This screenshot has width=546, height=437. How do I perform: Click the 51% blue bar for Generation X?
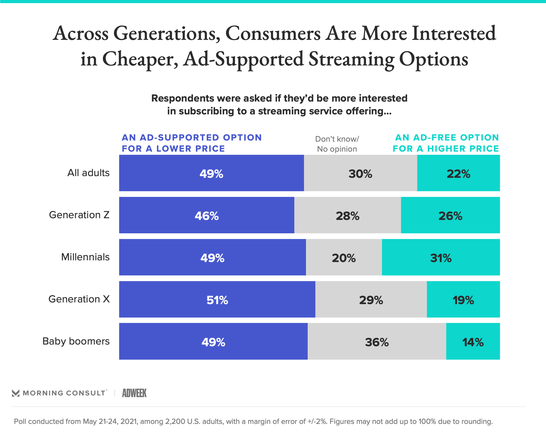[x=217, y=299]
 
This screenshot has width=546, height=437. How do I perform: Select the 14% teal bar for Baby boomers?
[x=473, y=341]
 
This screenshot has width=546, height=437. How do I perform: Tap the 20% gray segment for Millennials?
[x=344, y=257]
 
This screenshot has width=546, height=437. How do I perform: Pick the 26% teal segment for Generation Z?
[x=450, y=215]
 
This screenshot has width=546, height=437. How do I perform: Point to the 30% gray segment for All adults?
[x=360, y=173]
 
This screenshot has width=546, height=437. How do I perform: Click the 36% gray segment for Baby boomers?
[x=377, y=341]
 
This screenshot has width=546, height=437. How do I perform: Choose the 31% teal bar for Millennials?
[x=441, y=257]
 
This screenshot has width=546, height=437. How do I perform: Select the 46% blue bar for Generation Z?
[x=207, y=215]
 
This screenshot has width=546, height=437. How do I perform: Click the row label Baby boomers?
[x=76, y=341]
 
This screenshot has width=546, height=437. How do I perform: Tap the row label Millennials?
[x=85, y=257]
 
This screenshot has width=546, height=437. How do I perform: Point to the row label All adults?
[x=88, y=173]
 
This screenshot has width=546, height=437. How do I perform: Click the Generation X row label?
[x=79, y=299]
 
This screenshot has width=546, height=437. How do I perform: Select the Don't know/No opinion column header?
[x=337, y=144]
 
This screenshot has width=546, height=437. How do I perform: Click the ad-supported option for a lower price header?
[x=192, y=143]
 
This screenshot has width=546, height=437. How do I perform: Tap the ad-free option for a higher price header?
[x=446, y=143]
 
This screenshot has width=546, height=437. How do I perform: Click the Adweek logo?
[x=134, y=393]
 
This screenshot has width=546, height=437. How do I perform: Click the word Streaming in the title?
[x=351, y=59]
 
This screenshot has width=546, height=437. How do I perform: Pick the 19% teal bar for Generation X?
[x=463, y=299]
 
